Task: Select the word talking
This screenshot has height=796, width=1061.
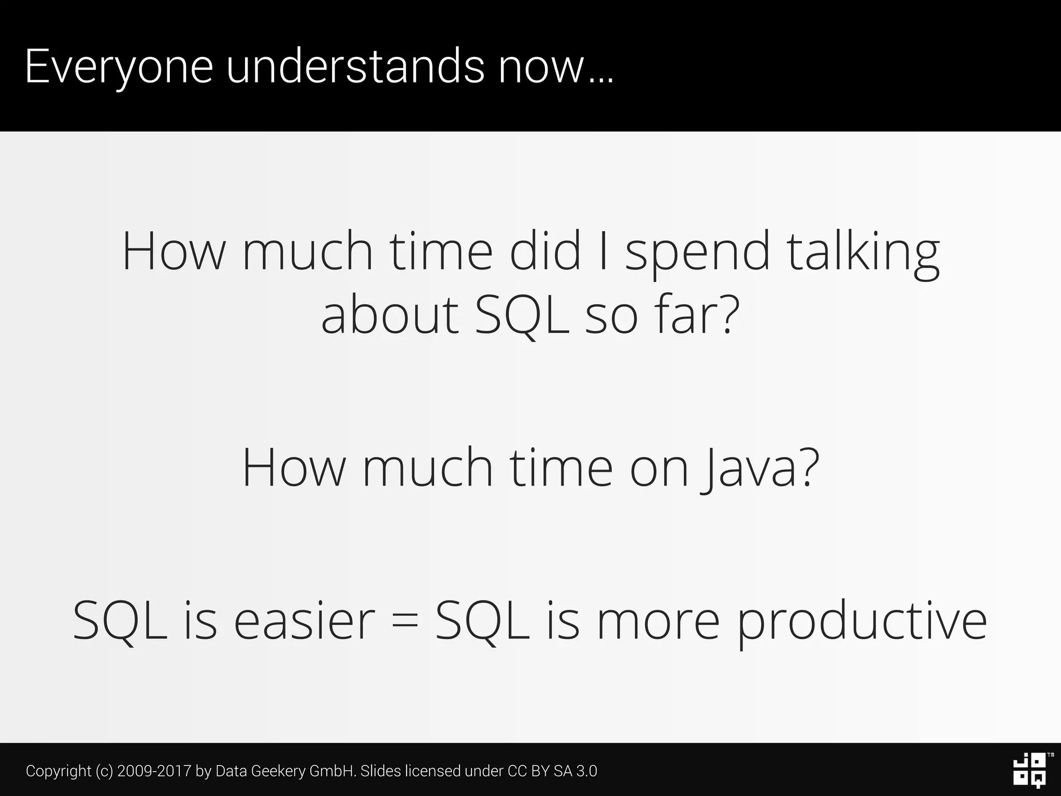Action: [x=864, y=252]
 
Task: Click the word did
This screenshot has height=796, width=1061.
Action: [x=545, y=252]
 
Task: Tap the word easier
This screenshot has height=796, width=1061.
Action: [x=304, y=620]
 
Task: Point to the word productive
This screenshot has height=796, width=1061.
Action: [x=862, y=620]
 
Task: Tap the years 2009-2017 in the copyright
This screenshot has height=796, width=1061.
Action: [x=154, y=771]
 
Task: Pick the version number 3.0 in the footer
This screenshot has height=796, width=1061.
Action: [x=586, y=771]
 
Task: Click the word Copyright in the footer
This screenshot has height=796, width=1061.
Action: [x=59, y=771]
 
